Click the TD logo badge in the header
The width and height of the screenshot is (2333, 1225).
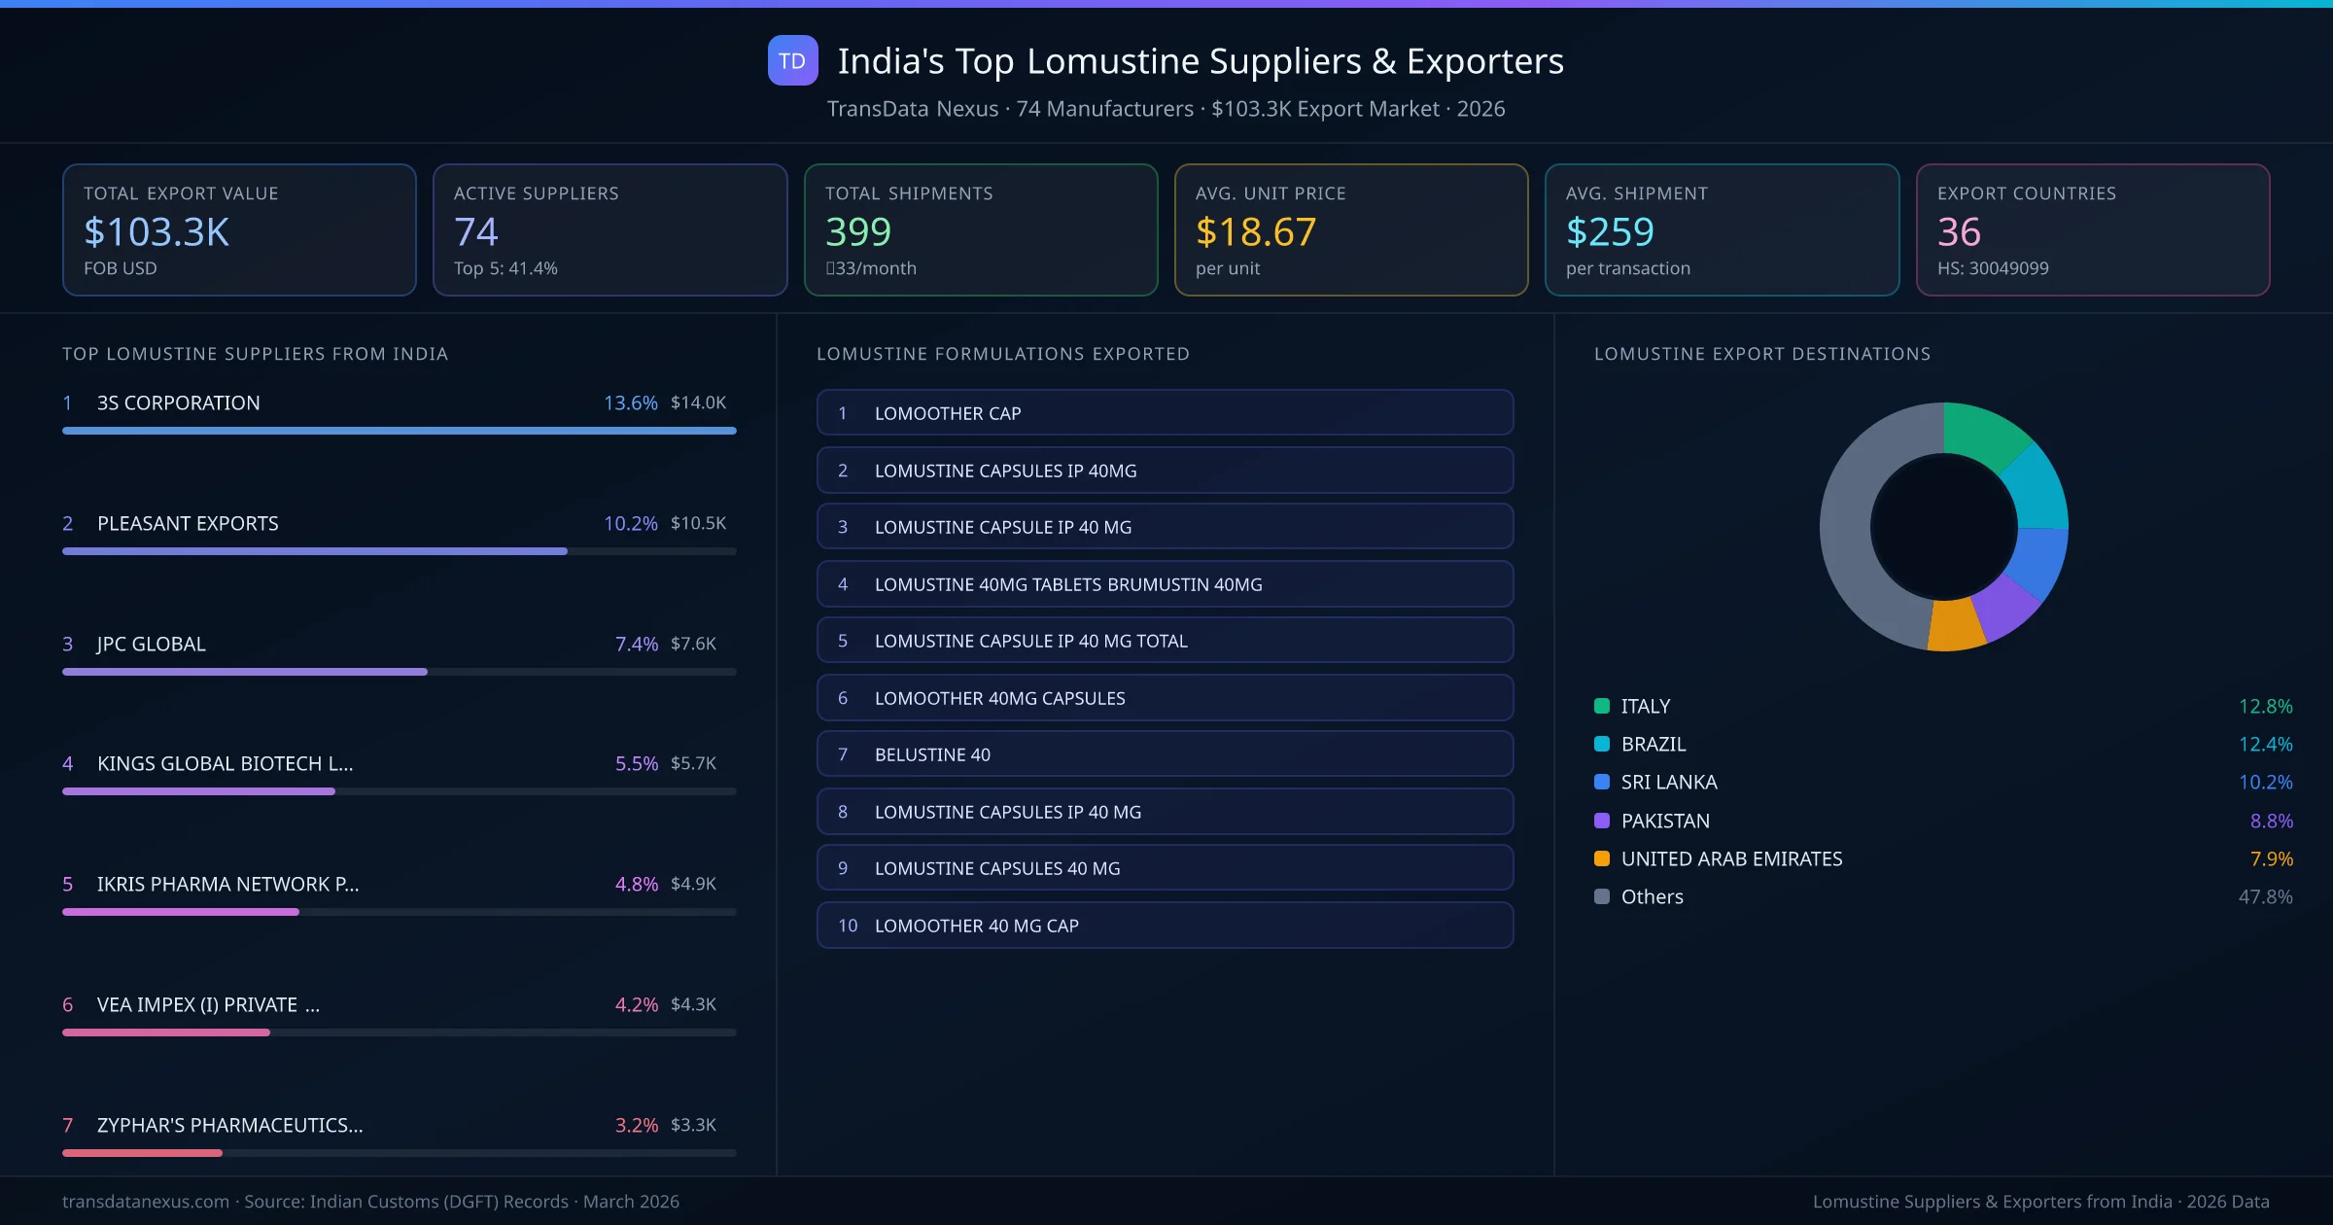click(792, 60)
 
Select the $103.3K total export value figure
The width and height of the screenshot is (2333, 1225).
click(157, 231)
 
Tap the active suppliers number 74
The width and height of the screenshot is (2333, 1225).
click(475, 231)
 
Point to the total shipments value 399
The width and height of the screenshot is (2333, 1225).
click(857, 231)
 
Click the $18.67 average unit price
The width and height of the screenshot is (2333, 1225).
click(1255, 231)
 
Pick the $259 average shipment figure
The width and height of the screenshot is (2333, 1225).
click(1609, 231)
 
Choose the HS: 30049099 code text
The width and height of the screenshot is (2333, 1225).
click(1992, 268)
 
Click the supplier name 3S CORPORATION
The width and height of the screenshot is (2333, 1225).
click(178, 402)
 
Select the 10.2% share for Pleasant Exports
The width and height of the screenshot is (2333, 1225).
click(630, 523)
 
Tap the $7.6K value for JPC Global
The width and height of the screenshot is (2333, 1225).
click(693, 644)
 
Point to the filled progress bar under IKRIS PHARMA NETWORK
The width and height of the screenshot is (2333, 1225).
click(181, 912)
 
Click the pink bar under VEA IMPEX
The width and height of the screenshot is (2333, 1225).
click(166, 1032)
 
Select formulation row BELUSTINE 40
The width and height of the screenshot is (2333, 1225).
click(1165, 754)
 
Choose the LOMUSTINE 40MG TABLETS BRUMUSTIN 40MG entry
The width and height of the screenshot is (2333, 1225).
click(1165, 584)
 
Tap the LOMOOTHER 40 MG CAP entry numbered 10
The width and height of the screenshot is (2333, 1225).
click(1165, 926)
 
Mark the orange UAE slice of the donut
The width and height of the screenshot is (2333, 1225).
click(1956, 626)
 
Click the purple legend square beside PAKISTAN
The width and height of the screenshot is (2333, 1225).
click(1602, 821)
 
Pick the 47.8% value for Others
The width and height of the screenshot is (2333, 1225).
click(2265, 896)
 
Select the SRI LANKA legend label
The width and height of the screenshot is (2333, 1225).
click(1668, 782)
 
